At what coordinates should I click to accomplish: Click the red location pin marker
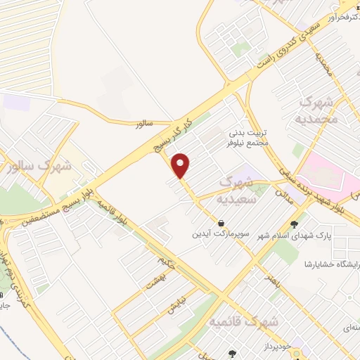(181, 165)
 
